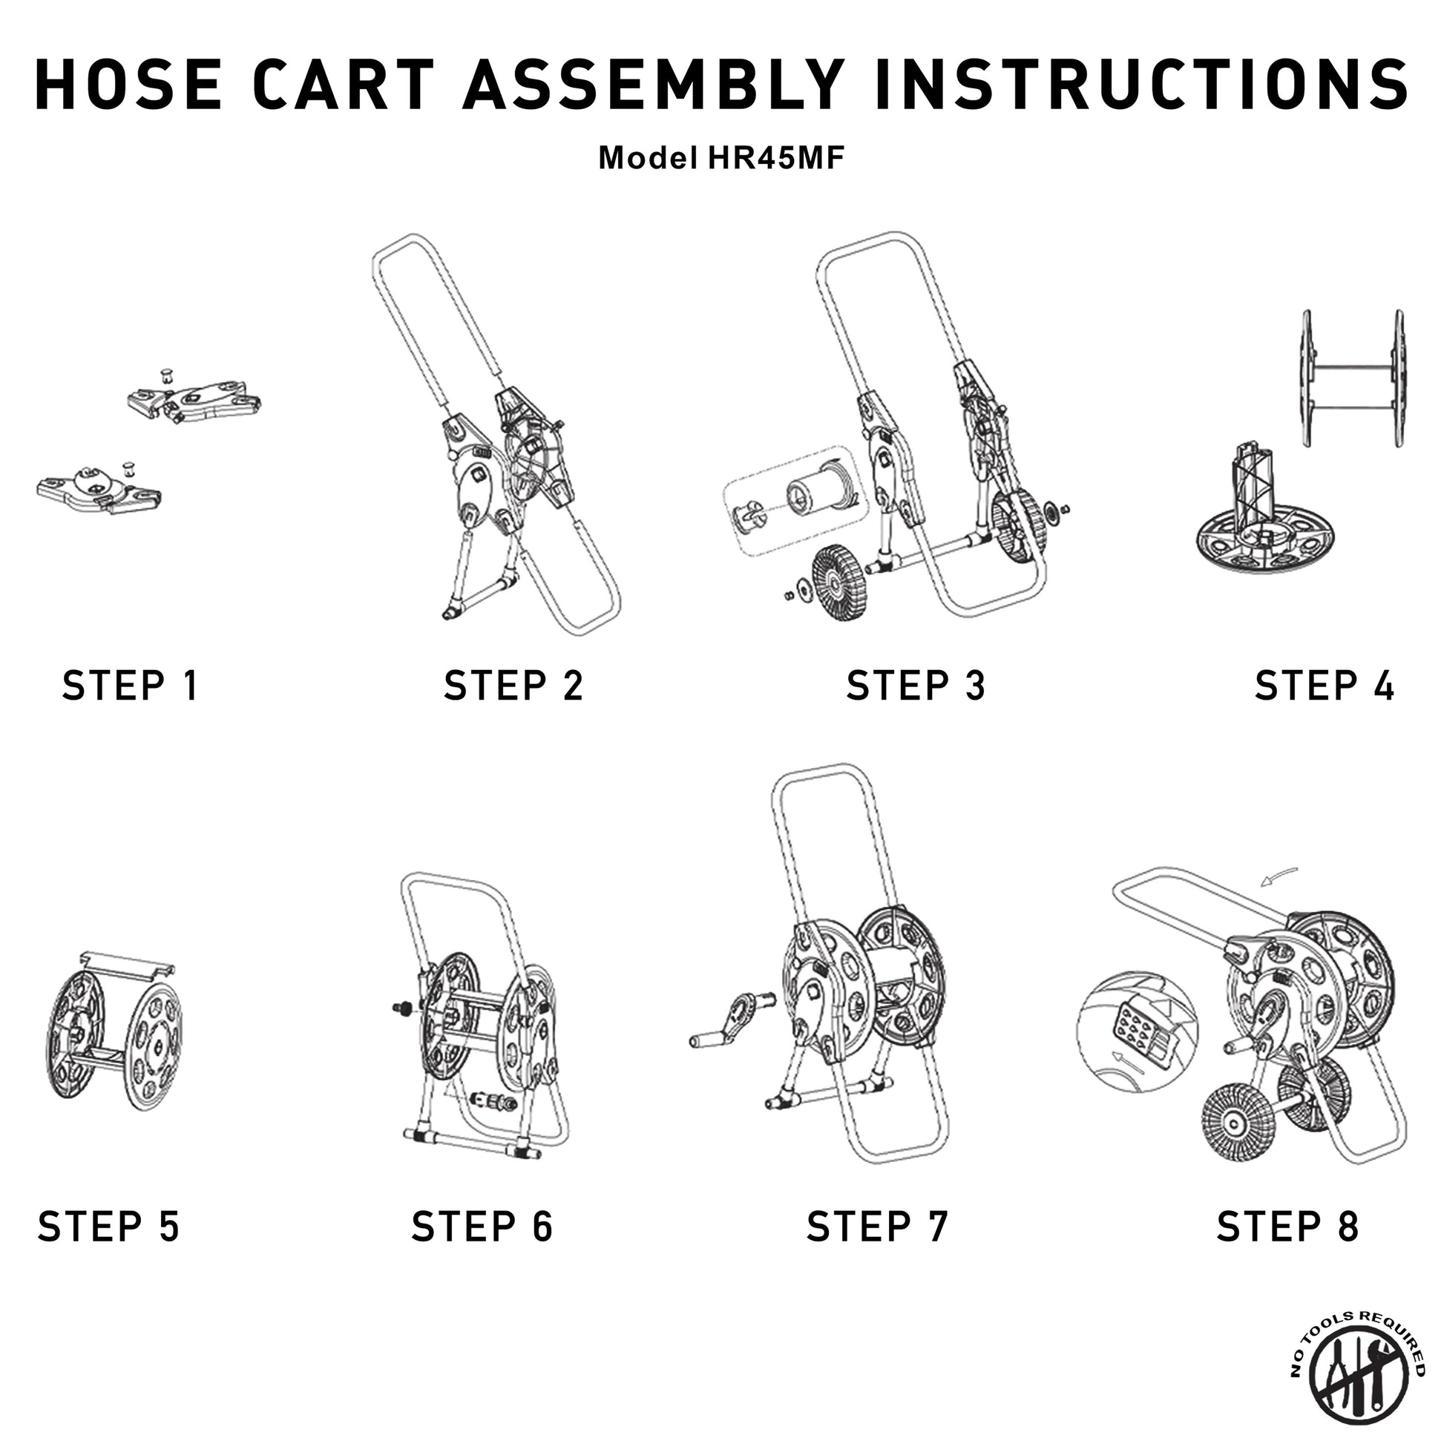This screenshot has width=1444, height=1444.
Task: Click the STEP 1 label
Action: click(130, 686)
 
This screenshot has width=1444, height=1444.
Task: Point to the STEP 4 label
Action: click(1325, 686)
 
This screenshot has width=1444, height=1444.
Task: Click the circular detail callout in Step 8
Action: click(1137, 1032)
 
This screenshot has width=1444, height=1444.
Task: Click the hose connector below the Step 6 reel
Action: click(493, 1102)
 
